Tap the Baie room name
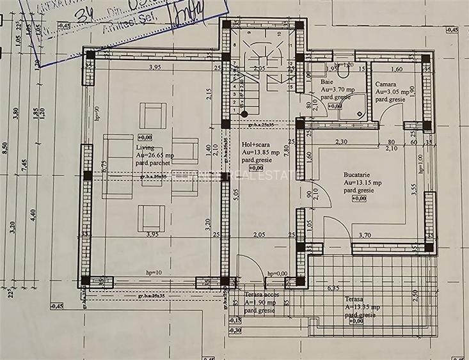pos(328,82)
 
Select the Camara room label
pos(385,84)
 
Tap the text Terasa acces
pos(260,295)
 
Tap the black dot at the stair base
pos(244,114)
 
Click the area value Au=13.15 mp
pos(362,182)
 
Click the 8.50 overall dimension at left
pos(5,148)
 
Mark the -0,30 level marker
pos(235,330)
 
